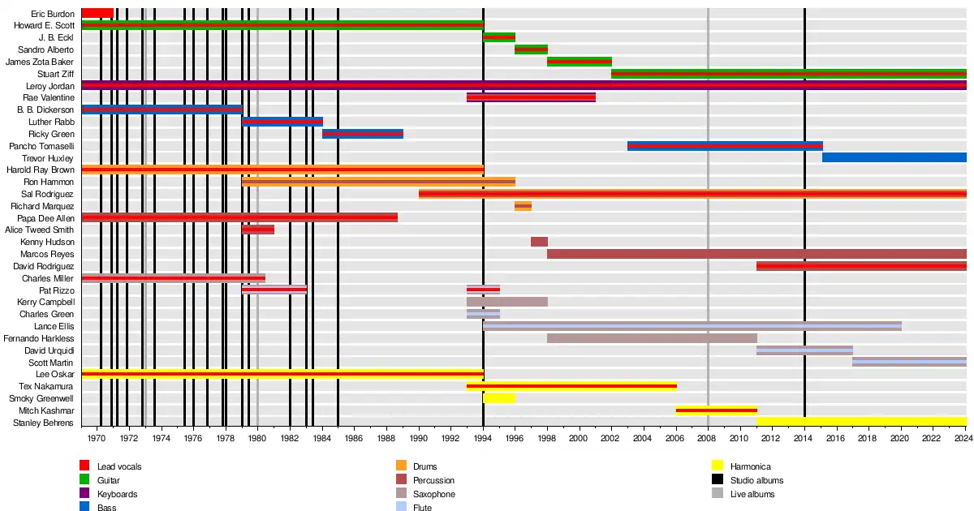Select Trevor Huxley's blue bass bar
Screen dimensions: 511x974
tap(894, 157)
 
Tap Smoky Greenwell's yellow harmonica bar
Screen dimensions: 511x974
tap(499, 398)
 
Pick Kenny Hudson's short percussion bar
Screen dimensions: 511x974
tap(539, 242)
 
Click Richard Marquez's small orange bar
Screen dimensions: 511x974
tap(523, 206)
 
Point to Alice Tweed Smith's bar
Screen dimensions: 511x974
tap(258, 230)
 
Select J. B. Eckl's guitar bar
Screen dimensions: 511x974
tap(499, 37)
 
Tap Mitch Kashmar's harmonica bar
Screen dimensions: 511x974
tap(716, 410)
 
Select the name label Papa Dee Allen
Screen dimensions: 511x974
tap(50, 218)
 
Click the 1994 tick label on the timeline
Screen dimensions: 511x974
tap(482, 439)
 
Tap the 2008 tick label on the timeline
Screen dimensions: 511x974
tap(707, 439)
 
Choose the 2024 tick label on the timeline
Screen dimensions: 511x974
tap(963, 439)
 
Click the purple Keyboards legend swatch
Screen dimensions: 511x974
tap(84, 494)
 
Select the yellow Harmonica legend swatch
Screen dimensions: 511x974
tap(717, 466)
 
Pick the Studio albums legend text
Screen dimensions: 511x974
tap(756, 480)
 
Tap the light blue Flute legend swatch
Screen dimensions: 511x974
tap(400, 507)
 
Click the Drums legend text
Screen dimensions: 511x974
tap(425, 466)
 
